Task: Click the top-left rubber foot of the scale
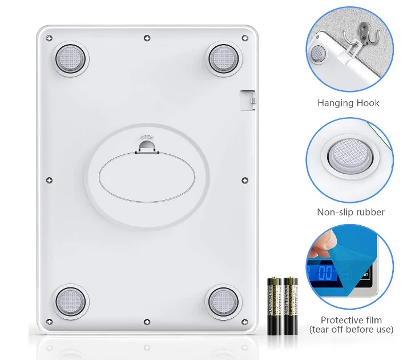pyautogui.click(x=71, y=57)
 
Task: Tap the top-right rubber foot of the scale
pyautogui.click(x=223, y=57)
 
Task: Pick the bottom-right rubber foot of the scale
pyautogui.click(x=223, y=300)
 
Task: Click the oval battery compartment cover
pyautogui.click(x=147, y=177)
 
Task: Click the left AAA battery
pyautogui.click(x=275, y=305)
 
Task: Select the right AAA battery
pyautogui.click(x=291, y=305)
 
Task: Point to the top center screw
pyautogui.click(x=147, y=38)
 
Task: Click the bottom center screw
pyautogui.click(x=147, y=322)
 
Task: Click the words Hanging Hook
pyautogui.click(x=348, y=103)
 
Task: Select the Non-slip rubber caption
pyautogui.click(x=350, y=213)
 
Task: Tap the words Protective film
pyautogui.click(x=351, y=320)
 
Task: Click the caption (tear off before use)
pyautogui.click(x=351, y=330)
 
